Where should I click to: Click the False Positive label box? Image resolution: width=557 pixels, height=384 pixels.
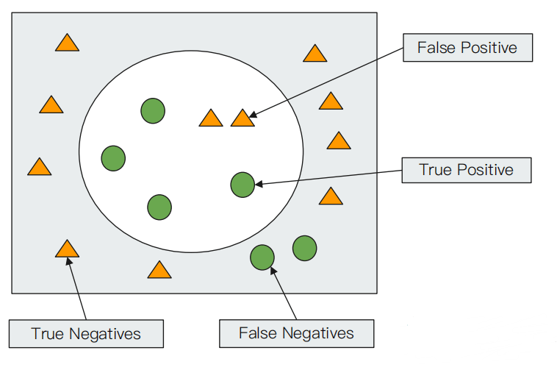tap(467, 48)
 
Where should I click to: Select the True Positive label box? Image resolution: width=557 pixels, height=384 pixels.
tap(467, 170)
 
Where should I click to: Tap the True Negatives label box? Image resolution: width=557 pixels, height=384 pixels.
tap(86, 333)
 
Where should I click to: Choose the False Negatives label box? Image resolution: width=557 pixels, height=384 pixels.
tap(297, 333)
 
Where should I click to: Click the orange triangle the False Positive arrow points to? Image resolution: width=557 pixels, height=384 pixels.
tap(242, 119)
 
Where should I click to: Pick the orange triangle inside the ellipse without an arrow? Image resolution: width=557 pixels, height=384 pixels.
tap(211, 119)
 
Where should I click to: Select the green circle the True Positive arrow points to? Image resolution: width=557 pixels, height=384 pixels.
tap(242, 185)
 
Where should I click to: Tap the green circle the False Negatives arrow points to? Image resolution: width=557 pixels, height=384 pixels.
tap(262, 257)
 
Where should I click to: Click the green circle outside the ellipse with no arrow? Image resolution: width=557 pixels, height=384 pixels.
tap(305, 248)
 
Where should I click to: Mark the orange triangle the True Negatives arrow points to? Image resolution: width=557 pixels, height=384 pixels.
tap(67, 249)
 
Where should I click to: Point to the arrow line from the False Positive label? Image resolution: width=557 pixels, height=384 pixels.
tap(326, 82)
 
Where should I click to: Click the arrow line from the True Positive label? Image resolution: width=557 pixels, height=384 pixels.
tap(328, 177)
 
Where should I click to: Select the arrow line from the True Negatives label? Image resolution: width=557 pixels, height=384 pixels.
tap(76, 288)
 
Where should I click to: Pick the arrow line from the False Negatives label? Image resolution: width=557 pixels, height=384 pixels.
tap(284, 294)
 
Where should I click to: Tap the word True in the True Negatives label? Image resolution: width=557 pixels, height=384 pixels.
tap(48, 334)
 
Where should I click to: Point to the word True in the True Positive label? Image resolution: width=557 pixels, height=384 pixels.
tap(436, 170)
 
